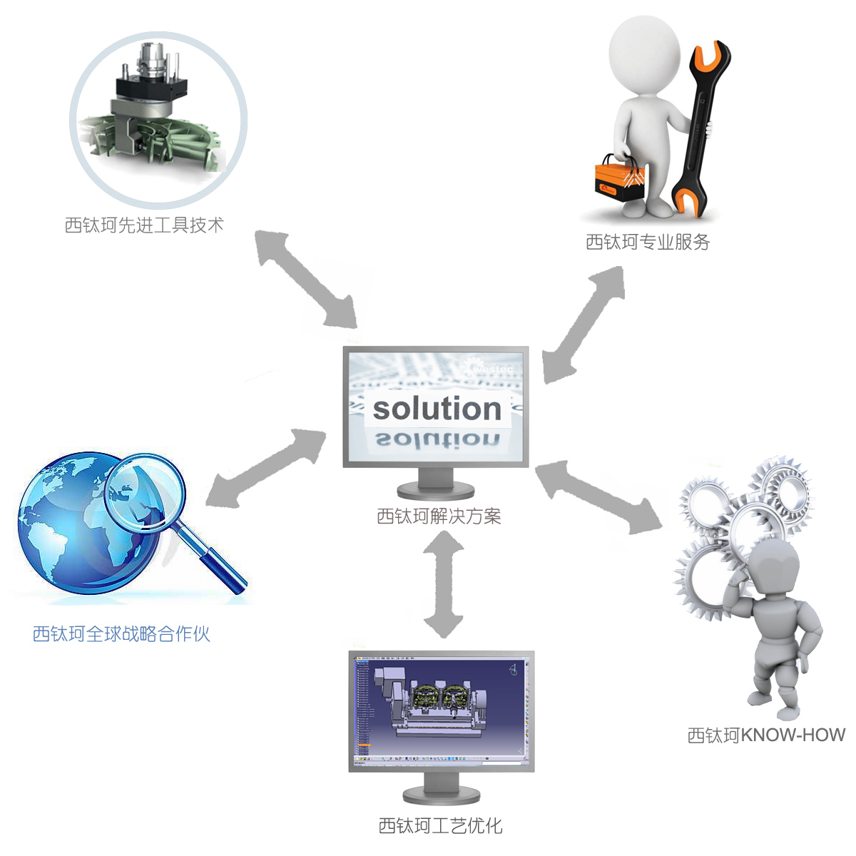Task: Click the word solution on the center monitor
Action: click(437, 409)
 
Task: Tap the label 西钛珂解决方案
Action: click(439, 516)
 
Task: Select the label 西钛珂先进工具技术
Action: click(144, 225)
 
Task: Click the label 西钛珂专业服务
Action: click(648, 243)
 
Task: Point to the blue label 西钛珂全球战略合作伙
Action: click(121, 633)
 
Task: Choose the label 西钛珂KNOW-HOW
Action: click(766, 735)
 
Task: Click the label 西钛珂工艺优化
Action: click(440, 825)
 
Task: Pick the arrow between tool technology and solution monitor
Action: click(307, 278)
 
